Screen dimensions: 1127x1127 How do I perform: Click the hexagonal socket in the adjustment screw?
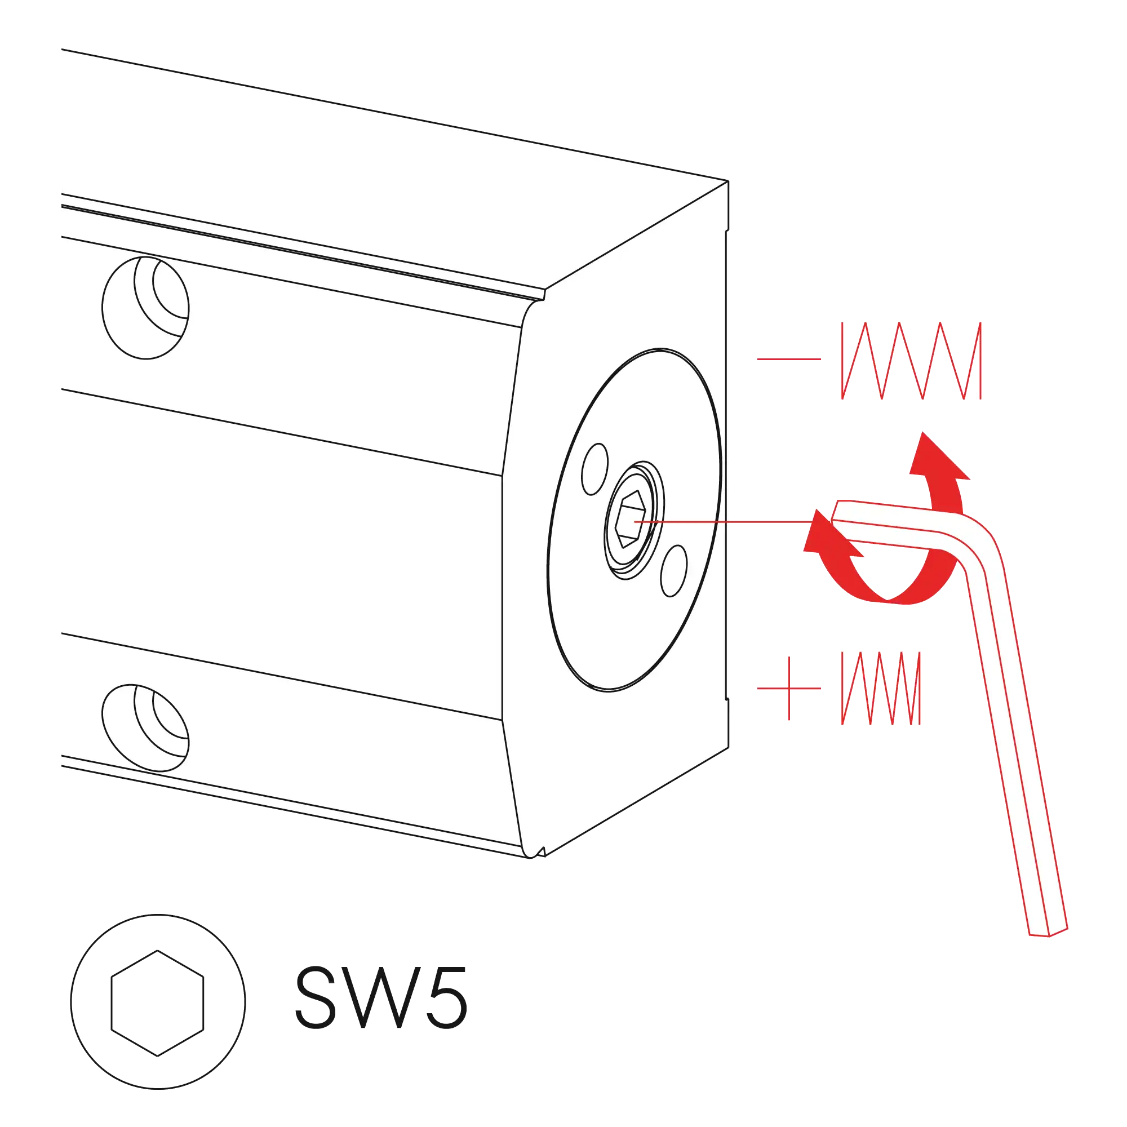click(x=631, y=518)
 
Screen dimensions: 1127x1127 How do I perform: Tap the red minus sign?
click(x=789, y=359)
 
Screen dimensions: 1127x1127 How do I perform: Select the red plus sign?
click(x=789, y=689)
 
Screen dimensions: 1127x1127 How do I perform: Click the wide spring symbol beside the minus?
click(x=911, y=361)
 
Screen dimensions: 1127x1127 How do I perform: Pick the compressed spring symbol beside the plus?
click(x=881, y=689)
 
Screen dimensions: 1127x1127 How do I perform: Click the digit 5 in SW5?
click(x=447, y=998)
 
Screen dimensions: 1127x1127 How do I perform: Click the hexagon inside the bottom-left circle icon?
click(x=158, y=1004)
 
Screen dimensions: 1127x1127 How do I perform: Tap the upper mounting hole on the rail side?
click(x=145, y=308)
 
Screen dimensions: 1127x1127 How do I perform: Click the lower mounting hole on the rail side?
click(x=145, y=727)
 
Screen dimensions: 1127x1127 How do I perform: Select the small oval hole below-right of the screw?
click(x=674, y=570)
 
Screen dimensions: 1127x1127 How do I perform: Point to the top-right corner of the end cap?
click(x=728, y=181)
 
